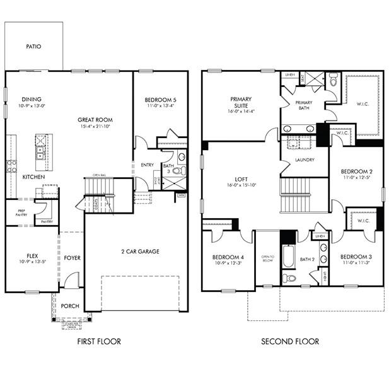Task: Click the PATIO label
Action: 34,47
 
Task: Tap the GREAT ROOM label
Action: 95,120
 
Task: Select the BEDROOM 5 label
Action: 160,100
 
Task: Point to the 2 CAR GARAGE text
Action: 140,251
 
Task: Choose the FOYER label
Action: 72,257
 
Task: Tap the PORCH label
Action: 70,306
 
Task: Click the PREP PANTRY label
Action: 21,213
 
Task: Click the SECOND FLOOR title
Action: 291,342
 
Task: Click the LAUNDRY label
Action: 305,160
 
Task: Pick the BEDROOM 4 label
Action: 228,257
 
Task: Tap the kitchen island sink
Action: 39,153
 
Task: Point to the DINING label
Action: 32,99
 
